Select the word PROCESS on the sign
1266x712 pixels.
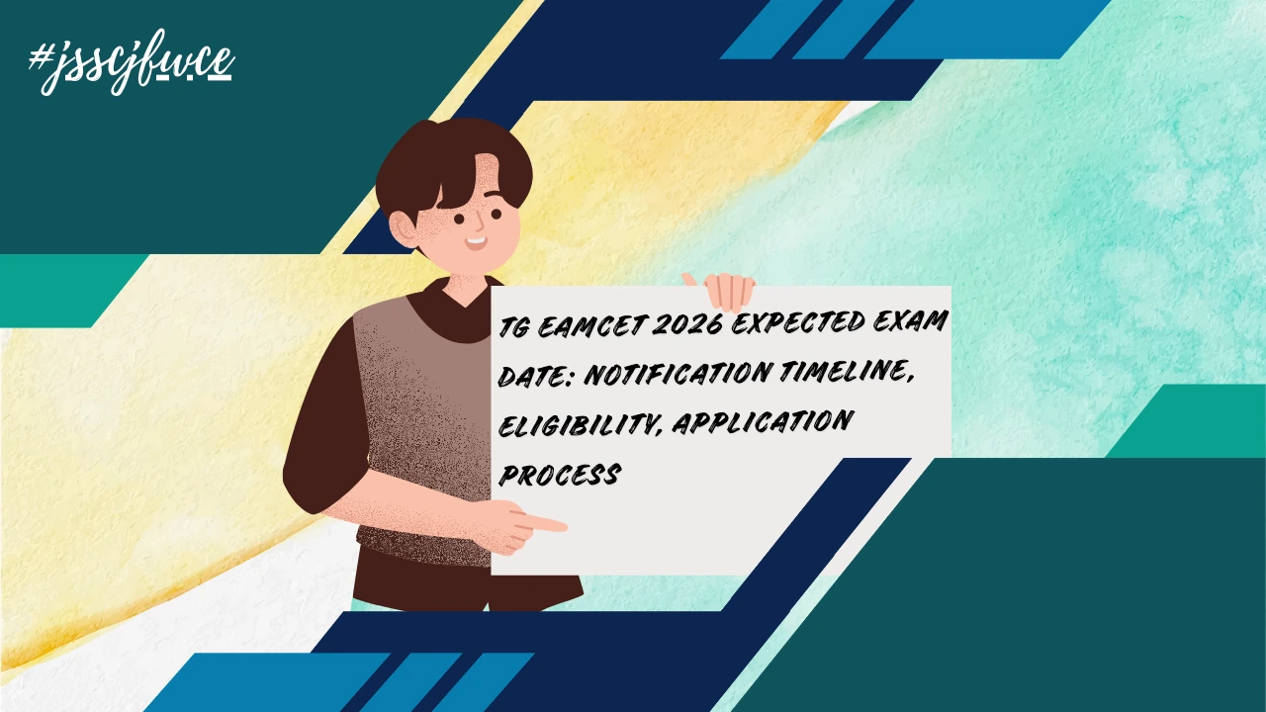coord(559,475)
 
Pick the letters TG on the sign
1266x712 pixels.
coord(513,326)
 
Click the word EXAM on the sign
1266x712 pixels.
coord(918,322)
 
